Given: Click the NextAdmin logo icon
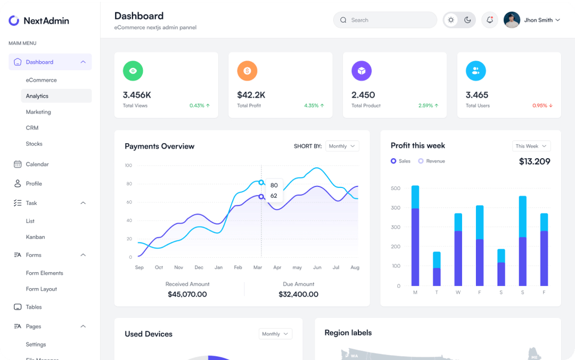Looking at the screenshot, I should point(14,21).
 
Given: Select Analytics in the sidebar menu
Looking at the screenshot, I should point(37,96).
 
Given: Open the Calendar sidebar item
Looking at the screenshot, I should point(37,164).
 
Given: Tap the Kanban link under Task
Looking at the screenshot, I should point(35,237).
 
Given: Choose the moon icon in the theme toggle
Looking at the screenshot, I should point(467,20).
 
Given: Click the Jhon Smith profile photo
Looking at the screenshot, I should point(512,20).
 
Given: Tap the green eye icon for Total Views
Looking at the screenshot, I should point(133,71).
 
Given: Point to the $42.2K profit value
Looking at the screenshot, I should point(251,95).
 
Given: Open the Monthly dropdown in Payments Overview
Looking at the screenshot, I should point(342,146).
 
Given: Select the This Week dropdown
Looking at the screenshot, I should point(531,146).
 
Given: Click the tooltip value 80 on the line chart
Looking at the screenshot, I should point(274,185).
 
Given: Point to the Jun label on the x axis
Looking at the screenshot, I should point(317,267).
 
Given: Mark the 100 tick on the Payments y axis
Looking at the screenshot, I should point(128,166).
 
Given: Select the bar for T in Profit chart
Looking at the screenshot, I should point(437,269).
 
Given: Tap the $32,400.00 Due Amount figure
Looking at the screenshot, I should point(298,294).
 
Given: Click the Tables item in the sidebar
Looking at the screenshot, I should point(34,307).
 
